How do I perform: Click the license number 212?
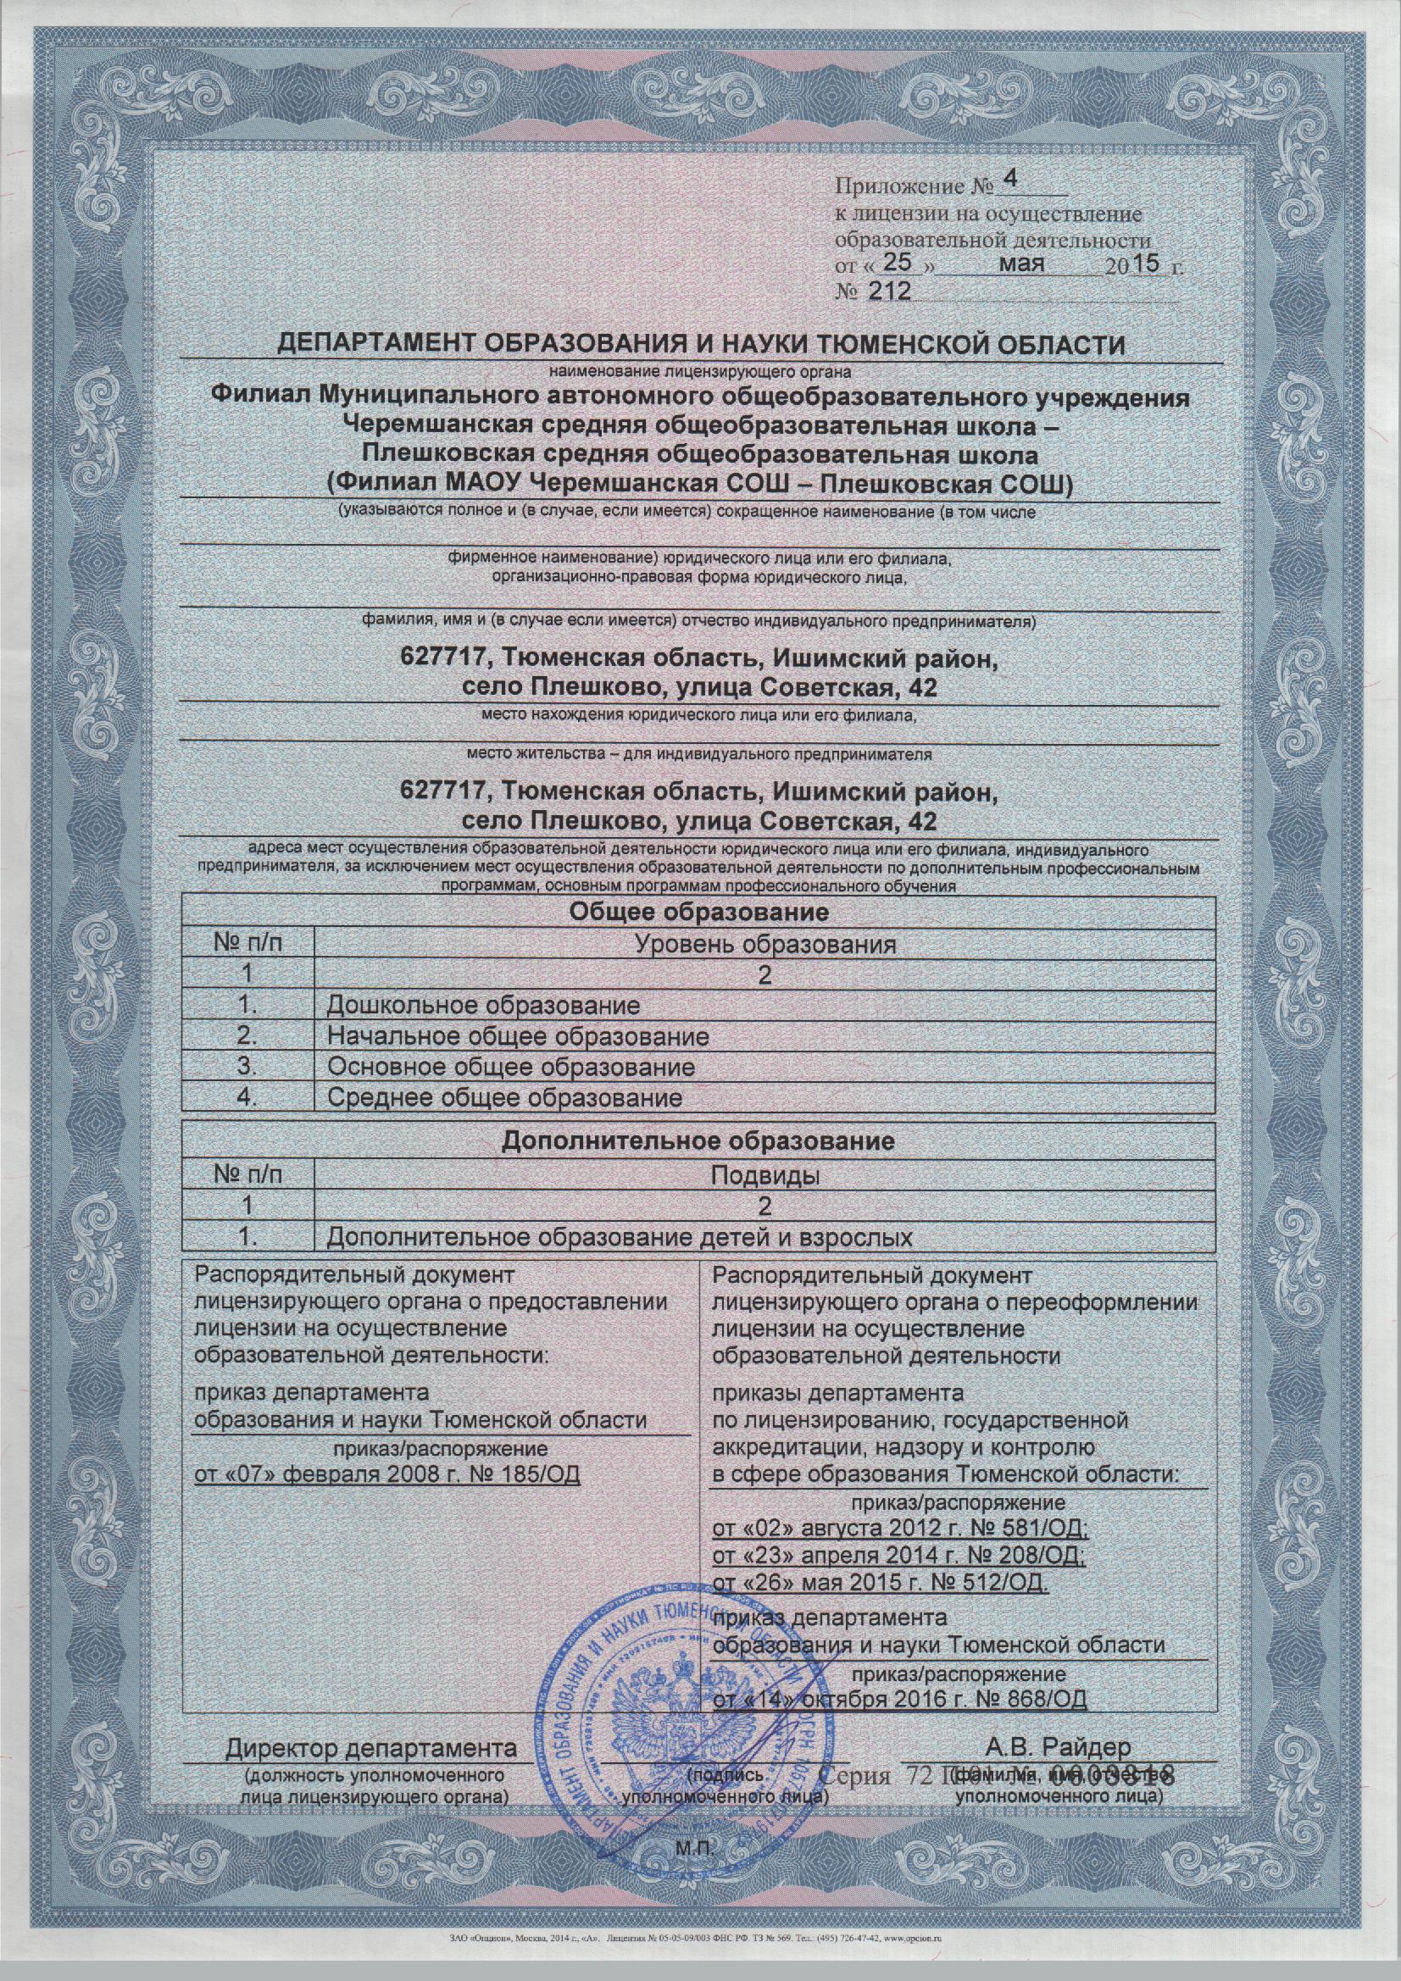click(x=888, y=291)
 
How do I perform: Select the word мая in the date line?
click(x=1021, y=264)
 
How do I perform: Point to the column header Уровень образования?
click(x=764, y=944)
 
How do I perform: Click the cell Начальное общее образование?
click(x=518, y=1036)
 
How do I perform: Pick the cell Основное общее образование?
click(x=511, y=1068)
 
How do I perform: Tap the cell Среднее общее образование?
click(x=505, y=1098)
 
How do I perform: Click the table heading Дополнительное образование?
click(x=698, y=1141)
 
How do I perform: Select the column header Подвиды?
click(x=764, y=1174)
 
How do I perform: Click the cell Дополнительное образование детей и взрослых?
click(x=620, y=1238)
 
